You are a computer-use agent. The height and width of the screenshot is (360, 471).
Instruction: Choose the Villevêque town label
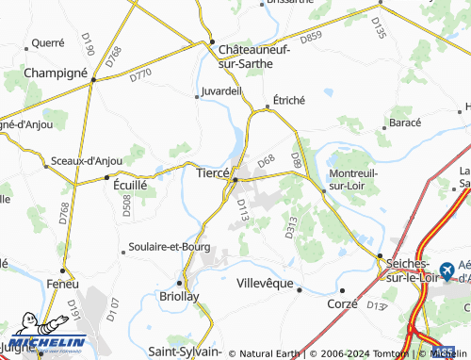[x=265, y=283]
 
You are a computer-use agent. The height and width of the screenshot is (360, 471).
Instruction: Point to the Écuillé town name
[x=129, y=186]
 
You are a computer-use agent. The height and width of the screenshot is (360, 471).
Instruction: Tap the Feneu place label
[x=63, y=283]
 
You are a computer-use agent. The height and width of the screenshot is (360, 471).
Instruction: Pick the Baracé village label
[x=404, y=123]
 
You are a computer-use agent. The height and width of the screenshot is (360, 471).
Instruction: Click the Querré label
[x=48, y=42]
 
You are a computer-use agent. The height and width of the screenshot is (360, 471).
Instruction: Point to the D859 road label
[x=311, y=38]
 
